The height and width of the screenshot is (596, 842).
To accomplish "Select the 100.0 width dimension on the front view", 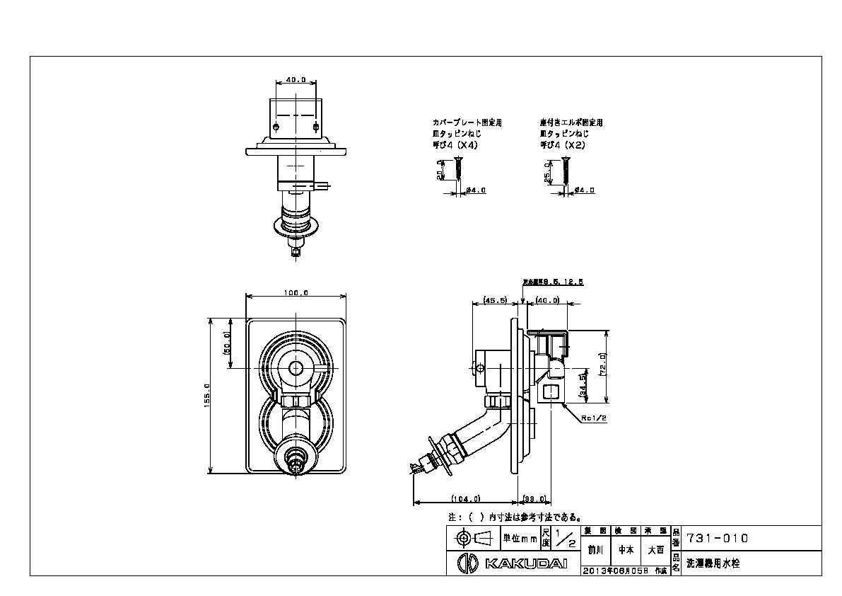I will (x=295, y=292).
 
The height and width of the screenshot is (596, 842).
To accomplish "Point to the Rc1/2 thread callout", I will (x=594, y=418).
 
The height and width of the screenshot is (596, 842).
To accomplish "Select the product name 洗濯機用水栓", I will (x=713, y=564).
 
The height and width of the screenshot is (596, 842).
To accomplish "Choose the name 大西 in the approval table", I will (x=655, y=549).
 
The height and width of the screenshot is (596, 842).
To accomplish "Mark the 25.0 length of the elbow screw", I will (x=546, y=173).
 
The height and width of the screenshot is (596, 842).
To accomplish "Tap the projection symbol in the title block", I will (x=473, y=539).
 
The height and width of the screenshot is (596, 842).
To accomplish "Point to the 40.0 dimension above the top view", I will (x=295, y=80).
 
